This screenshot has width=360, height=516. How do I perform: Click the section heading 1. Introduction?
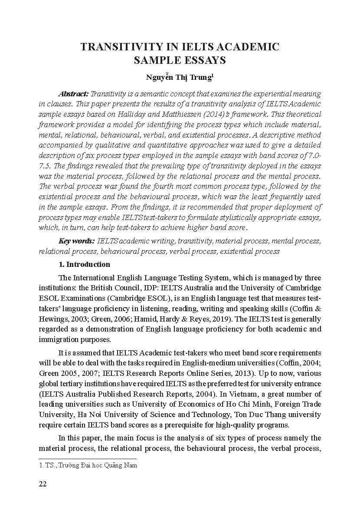[x=84, y=264]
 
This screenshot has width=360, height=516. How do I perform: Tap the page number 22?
[x=43, y=484]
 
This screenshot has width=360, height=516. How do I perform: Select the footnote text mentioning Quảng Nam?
[x=88, y=465]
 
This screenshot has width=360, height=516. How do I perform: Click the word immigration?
[x=59, y=339]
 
